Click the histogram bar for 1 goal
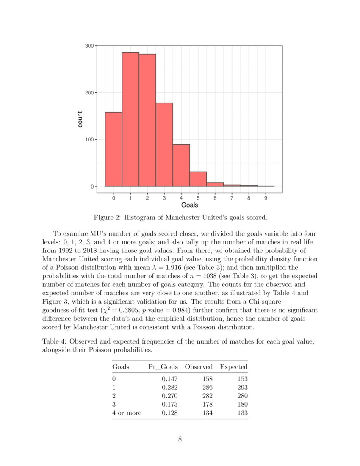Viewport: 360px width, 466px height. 130,119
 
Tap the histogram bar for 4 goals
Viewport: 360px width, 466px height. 181,165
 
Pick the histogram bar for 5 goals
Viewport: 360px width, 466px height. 198,179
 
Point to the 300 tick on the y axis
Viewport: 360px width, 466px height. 89,46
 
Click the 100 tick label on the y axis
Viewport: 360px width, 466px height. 89,140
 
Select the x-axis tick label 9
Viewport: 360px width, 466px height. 266,197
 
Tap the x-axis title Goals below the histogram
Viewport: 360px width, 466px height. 189,205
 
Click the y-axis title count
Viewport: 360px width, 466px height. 80,119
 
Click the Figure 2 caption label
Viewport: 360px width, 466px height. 108,218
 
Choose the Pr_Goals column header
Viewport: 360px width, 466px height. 163,366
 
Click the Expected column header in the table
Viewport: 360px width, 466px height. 233,366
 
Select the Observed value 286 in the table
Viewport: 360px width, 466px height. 208,387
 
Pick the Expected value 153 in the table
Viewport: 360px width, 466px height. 242,379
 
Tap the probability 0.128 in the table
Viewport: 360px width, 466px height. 170,413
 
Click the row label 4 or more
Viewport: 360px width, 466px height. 127,413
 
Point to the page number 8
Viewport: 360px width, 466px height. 180,439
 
